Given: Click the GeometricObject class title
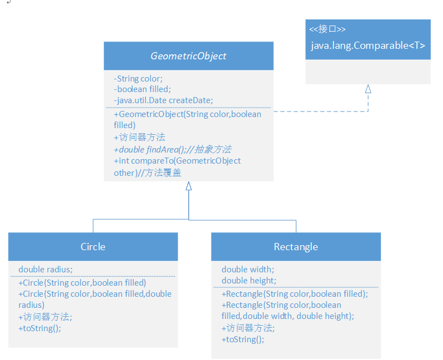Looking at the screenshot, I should [x=188, y=56].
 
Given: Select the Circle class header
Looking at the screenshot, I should [x=93, y=246].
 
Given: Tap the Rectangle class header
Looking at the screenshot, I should [x=296, y=246].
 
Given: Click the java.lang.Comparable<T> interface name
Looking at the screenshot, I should [x=368, y=45].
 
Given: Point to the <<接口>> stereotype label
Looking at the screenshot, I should [x=328, y=29].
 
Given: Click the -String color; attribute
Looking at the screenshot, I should [x=138, y=79].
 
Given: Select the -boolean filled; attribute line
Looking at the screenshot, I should [x=142, y=89].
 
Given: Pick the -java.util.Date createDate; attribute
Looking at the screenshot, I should [x=163, y=100].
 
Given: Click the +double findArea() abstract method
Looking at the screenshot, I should [x=172, y=149].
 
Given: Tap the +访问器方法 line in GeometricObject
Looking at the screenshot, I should [x=139, y=137].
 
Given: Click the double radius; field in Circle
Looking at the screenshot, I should [x=46, y=270].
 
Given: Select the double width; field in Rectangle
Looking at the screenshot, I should [x=248, y=270].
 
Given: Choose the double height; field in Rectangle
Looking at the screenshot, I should [x=249, y=281].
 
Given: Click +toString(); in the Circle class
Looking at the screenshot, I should [x=39, y=328].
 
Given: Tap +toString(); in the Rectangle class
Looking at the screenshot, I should [x=243, y=339].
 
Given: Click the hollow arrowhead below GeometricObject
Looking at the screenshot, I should [x=189, y=186].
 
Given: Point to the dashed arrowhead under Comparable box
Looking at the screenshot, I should [x=368, y=89].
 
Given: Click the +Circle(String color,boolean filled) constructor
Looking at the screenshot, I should [x=82, y=282].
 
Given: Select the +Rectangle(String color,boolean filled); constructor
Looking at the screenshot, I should [x=294, y=294].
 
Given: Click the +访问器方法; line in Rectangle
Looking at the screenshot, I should [x=248, y=328].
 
